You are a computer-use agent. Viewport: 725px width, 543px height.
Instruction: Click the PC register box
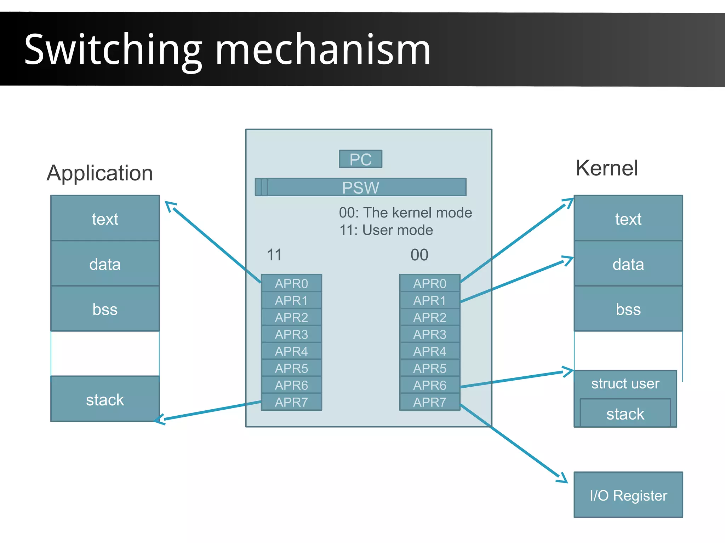point(360,159)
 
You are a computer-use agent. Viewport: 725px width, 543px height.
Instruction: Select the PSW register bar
point(360,187)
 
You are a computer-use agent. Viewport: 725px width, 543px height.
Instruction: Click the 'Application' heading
point(100,173)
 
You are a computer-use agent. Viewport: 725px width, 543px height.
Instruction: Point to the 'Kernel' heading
point(607,168)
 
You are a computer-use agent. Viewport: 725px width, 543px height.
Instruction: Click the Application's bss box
point(105,309)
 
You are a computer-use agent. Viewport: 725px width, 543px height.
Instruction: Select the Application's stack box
point(105,399)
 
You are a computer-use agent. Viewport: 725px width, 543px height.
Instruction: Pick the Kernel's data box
point(628,264)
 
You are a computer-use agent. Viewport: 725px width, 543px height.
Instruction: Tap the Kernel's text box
point(628,219)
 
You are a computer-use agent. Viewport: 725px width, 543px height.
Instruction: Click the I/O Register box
point(628,495)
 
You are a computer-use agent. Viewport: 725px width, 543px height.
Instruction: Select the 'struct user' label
point(625,383)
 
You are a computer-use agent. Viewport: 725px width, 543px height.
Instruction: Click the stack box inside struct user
point(625,414)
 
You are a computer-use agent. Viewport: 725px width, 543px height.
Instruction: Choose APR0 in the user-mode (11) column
point(291,283)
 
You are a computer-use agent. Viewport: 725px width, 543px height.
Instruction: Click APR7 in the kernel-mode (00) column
point(430,402)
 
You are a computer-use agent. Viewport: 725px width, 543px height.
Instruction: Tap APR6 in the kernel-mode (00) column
point(430,385)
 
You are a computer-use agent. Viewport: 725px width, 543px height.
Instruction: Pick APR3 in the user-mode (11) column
point(291,334)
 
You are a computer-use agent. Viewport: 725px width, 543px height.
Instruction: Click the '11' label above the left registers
point(274,255)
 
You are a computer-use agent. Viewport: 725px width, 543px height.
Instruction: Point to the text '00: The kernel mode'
point(405,213)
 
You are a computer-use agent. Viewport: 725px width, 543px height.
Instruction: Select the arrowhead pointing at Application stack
point(159,420)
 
